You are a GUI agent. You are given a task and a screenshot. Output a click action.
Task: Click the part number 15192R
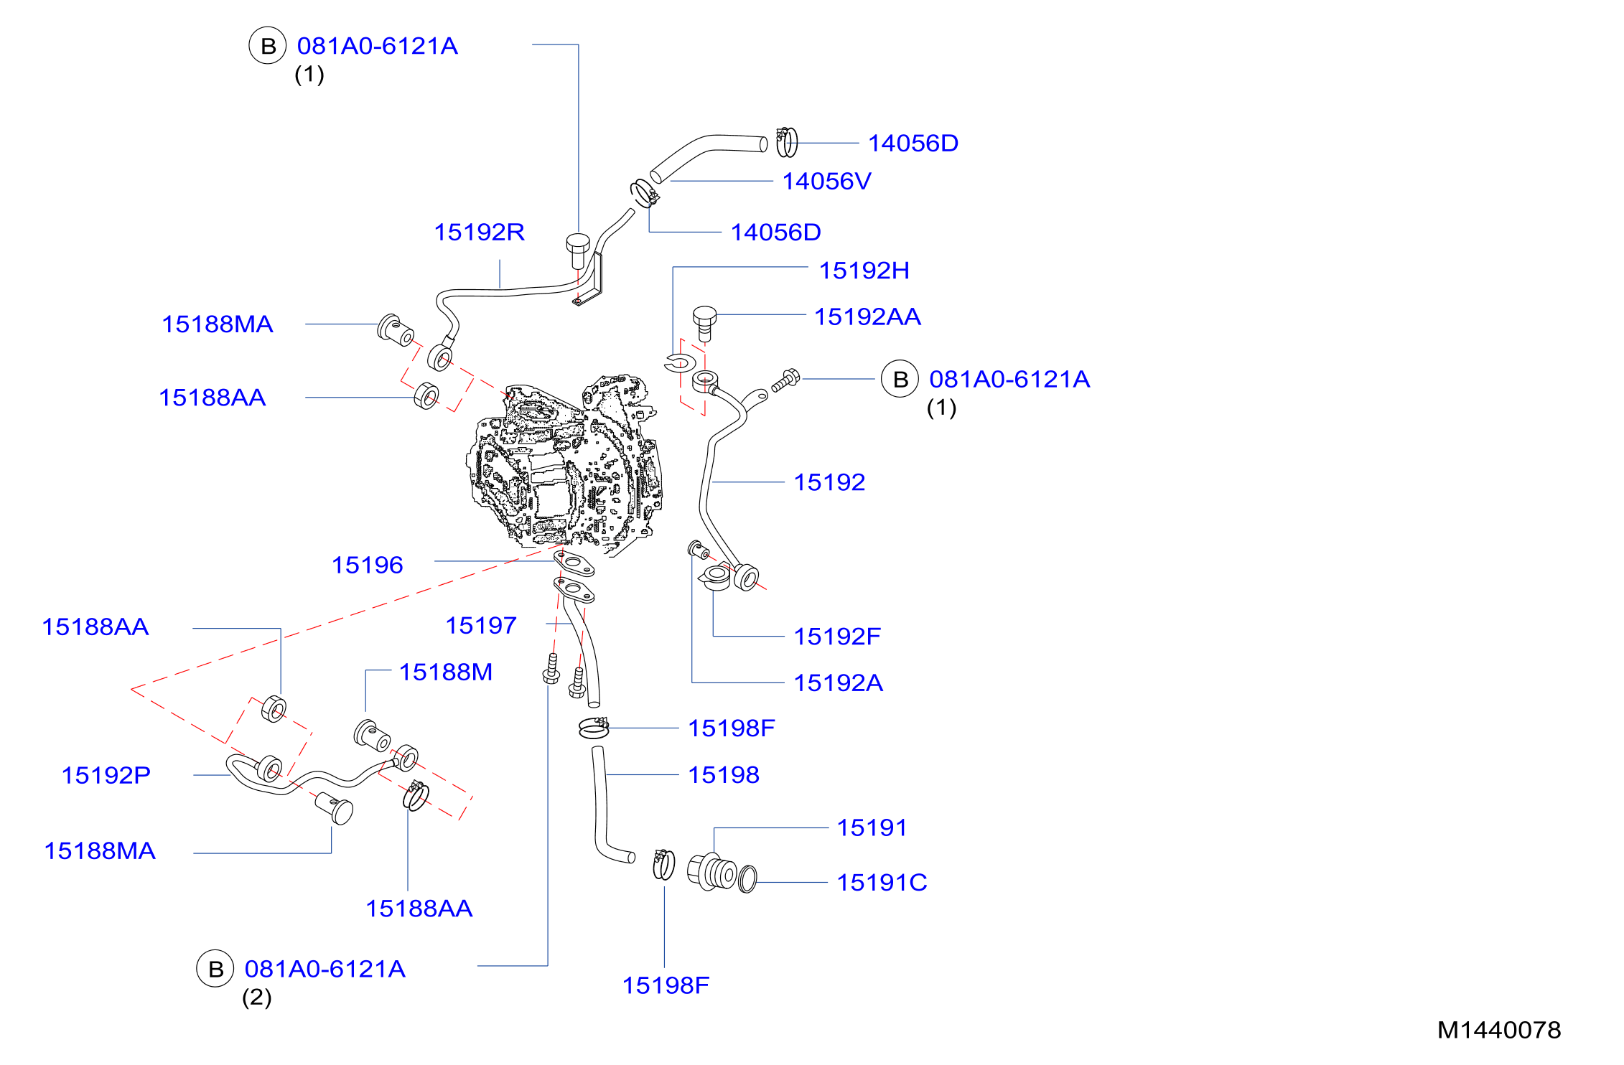coord(479,233)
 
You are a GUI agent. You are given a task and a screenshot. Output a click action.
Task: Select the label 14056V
coord(826,182)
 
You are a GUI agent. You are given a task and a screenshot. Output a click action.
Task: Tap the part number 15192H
coord(864,271)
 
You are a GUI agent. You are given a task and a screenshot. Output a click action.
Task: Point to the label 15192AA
coord(867,316)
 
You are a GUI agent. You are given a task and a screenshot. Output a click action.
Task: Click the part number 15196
coord(367,565)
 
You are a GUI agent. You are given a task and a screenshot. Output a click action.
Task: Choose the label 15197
coord(481,625)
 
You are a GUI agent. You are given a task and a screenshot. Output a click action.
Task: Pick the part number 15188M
coord(446,672)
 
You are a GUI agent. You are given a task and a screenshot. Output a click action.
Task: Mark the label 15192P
coord(106,775)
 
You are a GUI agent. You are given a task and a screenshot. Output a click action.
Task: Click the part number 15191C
coord(882,882)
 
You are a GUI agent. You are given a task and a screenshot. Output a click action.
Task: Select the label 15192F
coord(837,636)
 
